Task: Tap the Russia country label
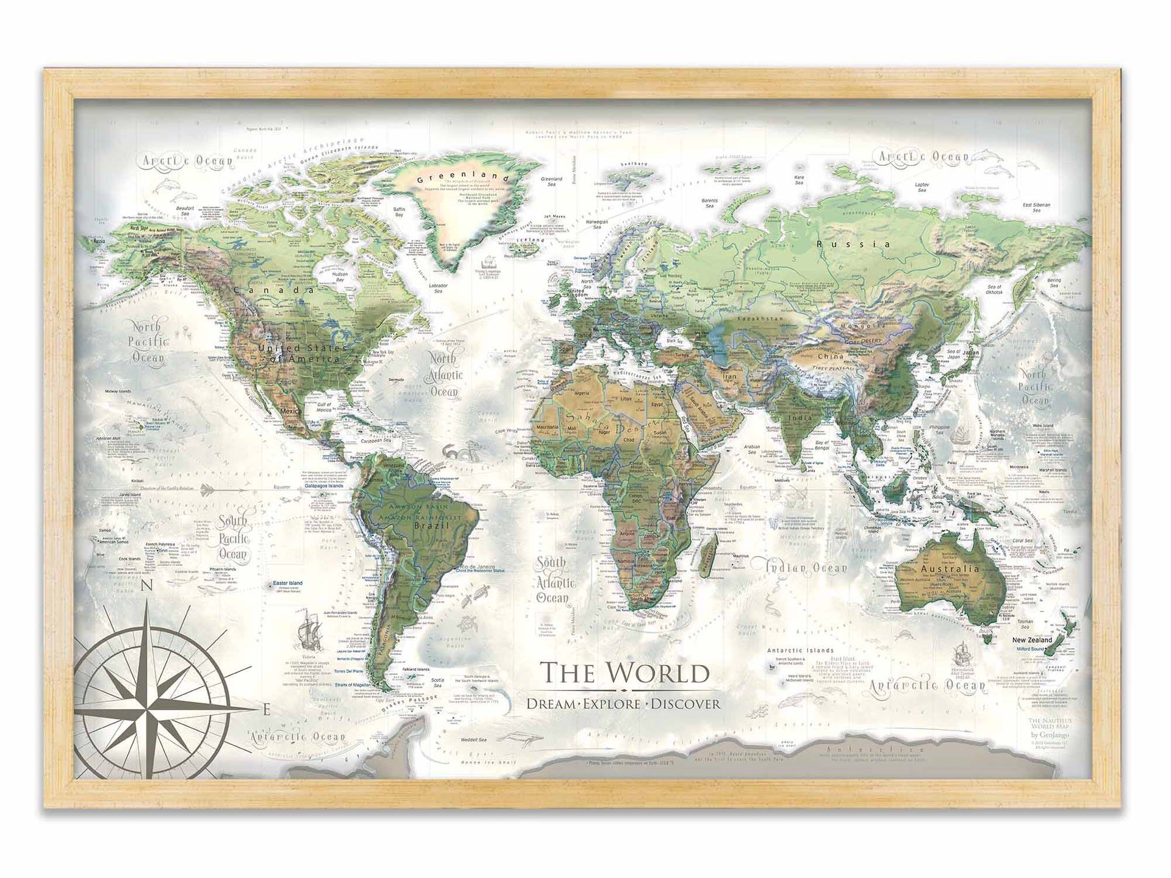pos(853,244)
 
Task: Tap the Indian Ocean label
pos(807,568)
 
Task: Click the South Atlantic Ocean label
pos(552,580)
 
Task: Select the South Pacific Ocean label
pos(233,537)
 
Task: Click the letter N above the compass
pos(146,587)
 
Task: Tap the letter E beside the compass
pos(265,709)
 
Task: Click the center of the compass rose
pos(146,709)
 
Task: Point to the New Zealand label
pos(1032,640)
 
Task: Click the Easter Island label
pos(288,583)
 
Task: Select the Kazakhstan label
pos(759,319)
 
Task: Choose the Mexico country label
pos(290,412)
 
